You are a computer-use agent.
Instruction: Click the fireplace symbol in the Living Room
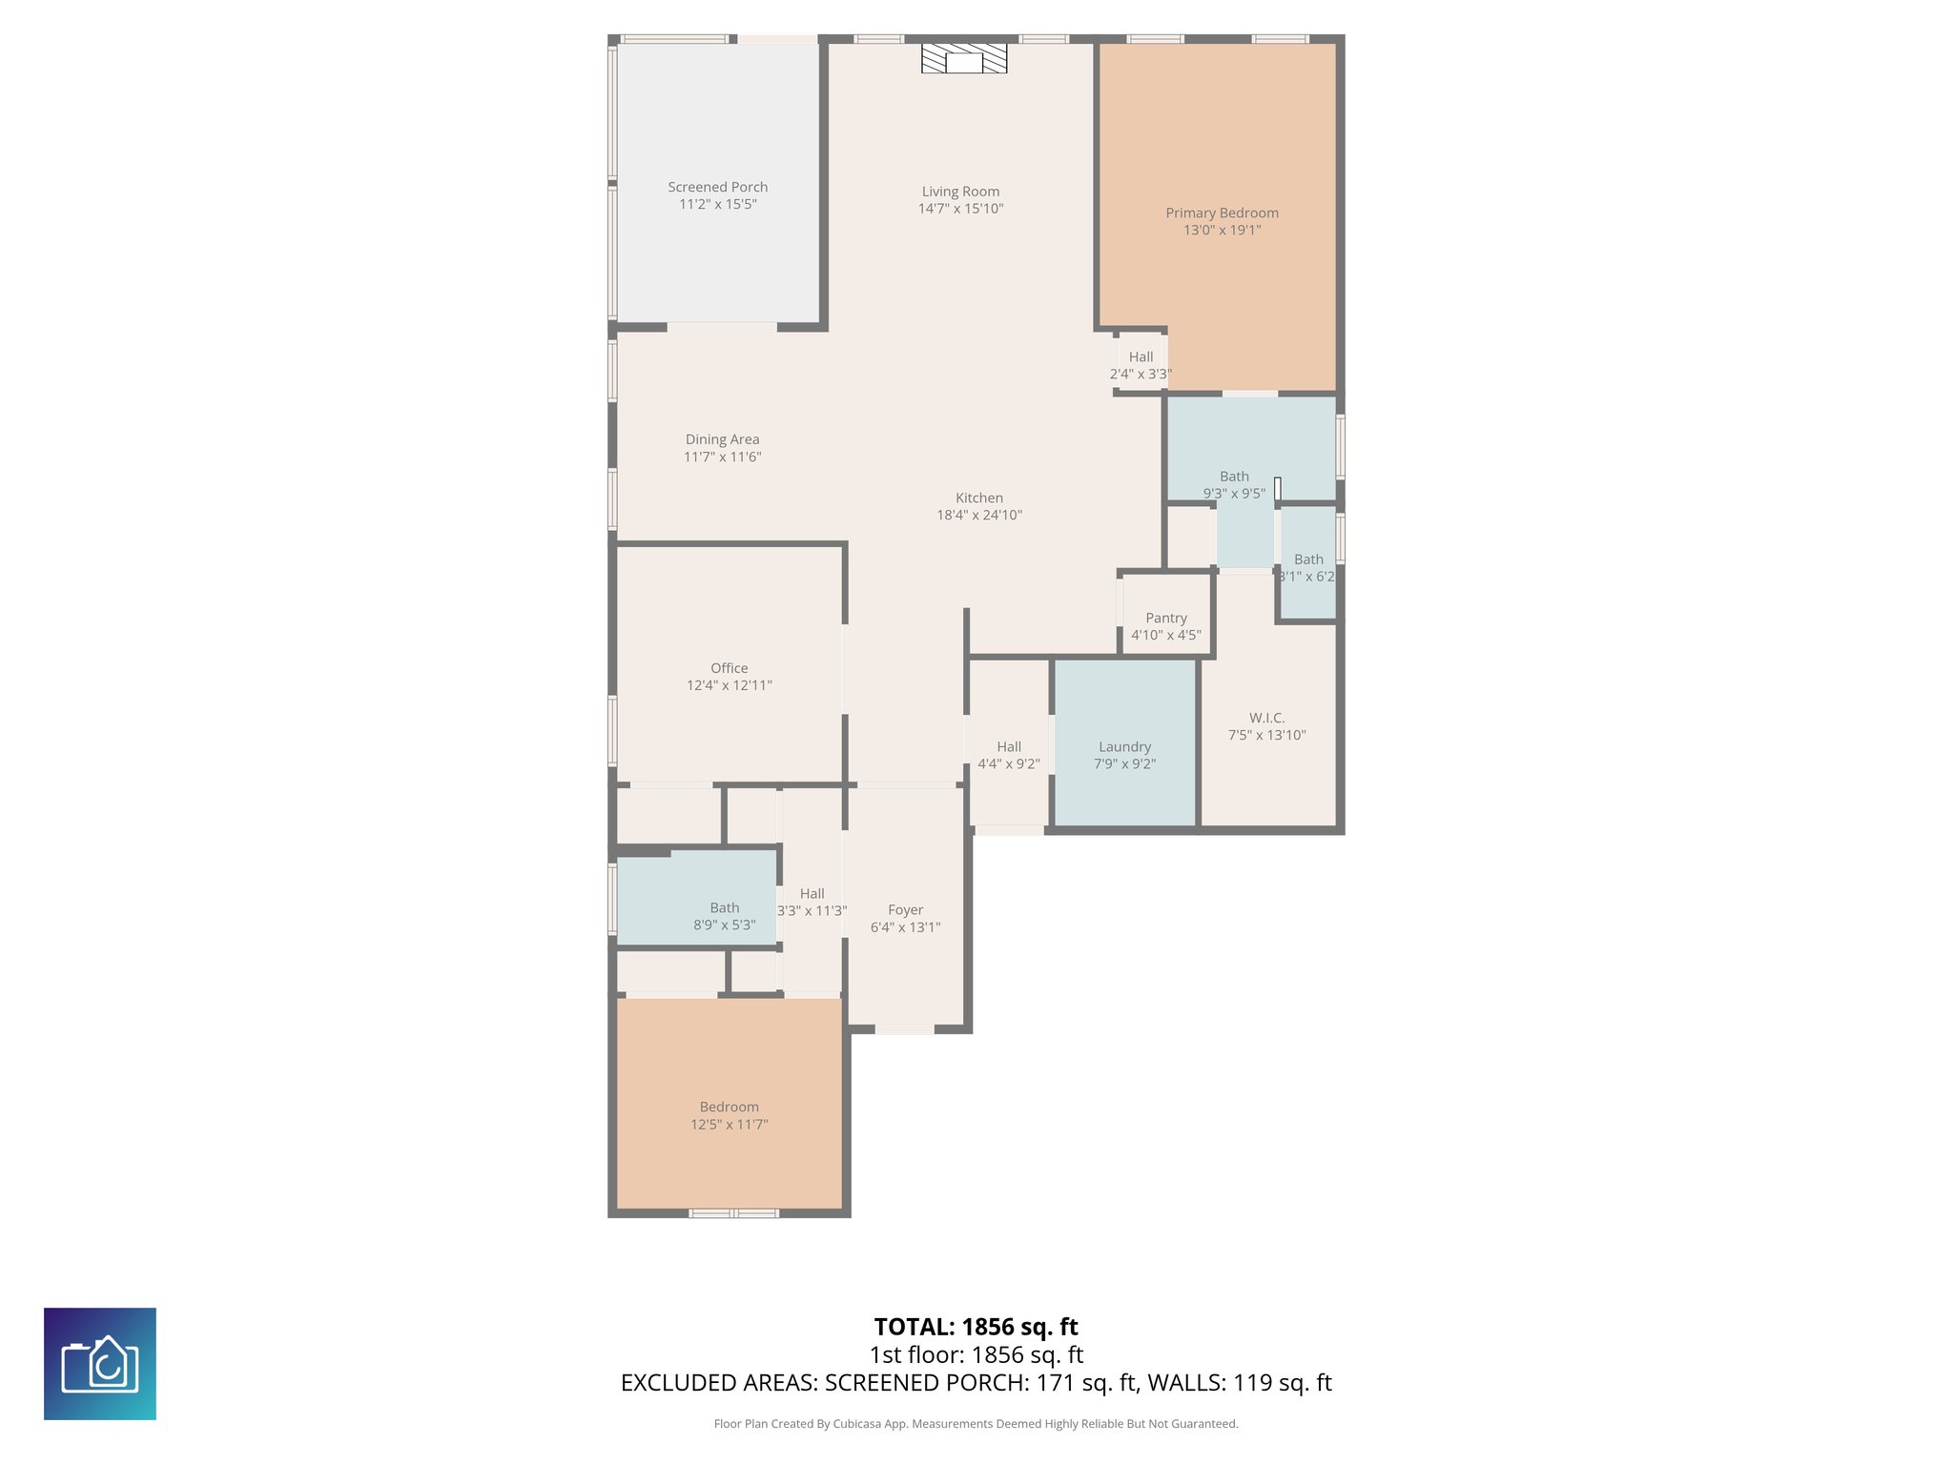pyautogui.click(x=963, y=59)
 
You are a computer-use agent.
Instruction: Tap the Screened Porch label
pyautogui.click(x=717, y=188)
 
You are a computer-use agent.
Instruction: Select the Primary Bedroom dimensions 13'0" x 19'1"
pyautogui.click(x=1222, y=230)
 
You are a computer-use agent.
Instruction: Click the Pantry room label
pyautogui.click(x=1165, y=618)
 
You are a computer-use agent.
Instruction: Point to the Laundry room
pyautogui.click(x=1124, y=747)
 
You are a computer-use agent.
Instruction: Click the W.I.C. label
pyautogui.click(x=1266, y=718)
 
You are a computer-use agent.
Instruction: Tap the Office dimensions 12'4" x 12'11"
pyautogui.click(x=729, y=685)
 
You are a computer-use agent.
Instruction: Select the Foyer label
pyautogui.click(x=905, y=910)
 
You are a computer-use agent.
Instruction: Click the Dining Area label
pyautogui.click(x=722, y=439)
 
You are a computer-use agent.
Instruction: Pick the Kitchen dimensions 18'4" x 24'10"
pyautogui.click(x=978, y=515)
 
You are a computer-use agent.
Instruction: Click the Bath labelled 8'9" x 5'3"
pyautogui.click(x=724, y=908)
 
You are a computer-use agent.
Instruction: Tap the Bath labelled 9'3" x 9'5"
pyautogui.click(x=1233, y=477)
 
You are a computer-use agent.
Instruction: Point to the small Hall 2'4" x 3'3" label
pyautogui.click(x=1141, y=357)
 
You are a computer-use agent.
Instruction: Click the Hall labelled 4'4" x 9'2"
pyautogui.click(x=1008, y=747)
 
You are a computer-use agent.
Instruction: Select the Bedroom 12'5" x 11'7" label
pyautogui.click(x=729, y=1108)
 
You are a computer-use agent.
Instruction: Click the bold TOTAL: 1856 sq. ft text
pyautogui.click(x=976, y=1327)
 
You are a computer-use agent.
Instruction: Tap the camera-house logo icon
pyautogui.click(x=99, y=1364)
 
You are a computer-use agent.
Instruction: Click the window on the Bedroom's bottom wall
pyautogui.click(x=733, y=1213)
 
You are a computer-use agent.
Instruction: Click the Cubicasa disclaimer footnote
pyautogui.click(x=976, y=1424)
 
